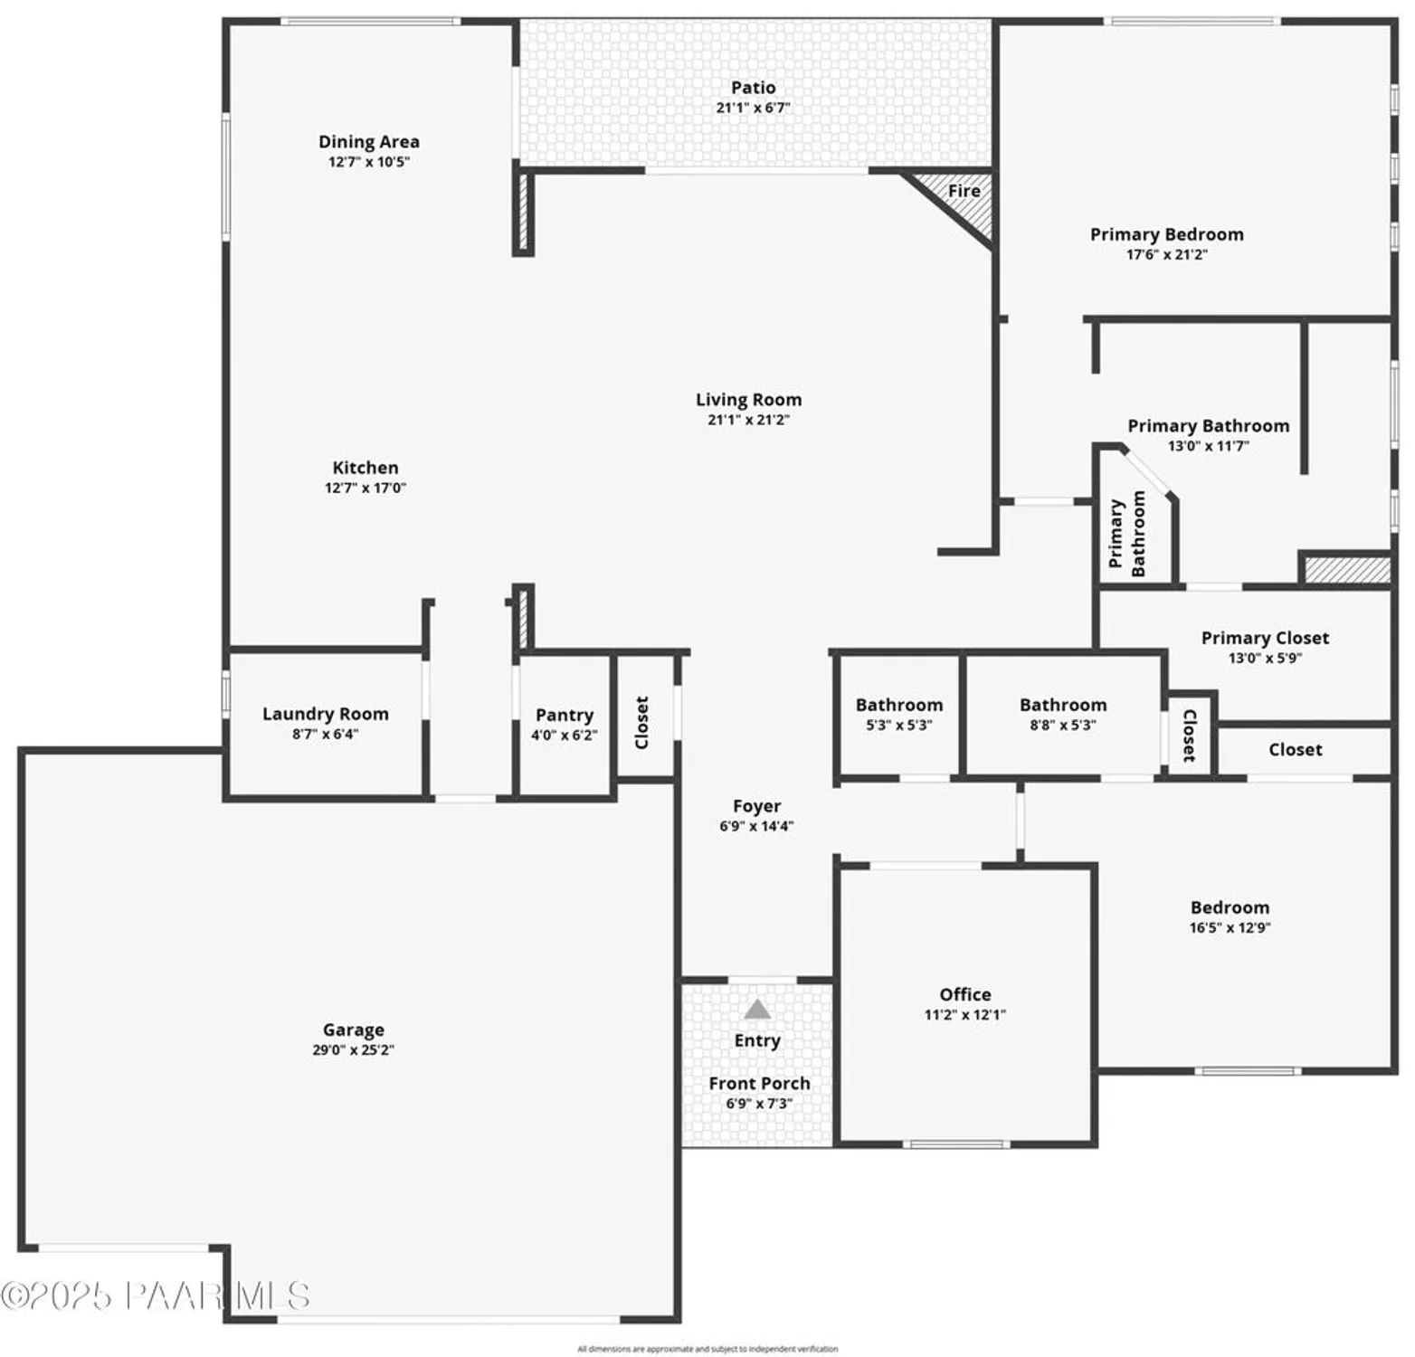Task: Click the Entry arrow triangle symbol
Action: pyautogui.click(x=757, y=1009)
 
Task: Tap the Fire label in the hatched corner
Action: pyautogui.click(x=964, y=191)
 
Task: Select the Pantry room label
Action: pyautogui.click(x=564, y=715)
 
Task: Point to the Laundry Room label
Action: pyautogui.click(x=325, y=714)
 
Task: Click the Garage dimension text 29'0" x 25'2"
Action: pyautogui.click(x=353, y=1050)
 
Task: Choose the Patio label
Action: pyautogui.click(x=753, y=88)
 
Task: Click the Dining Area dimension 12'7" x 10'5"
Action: pyautogui.click(x=368, y=162)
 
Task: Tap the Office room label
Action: pyautogui.click(x=964, y=994)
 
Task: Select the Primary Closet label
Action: pyautogui.click(x=1265, y=638)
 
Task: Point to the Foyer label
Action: pyautogui.click(x=756, y=806)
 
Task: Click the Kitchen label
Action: pyautogui.click(x=365, y=468)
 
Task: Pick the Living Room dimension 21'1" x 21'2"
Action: pyautogui.click(x=748, y=420)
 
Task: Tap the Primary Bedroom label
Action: pyautogui.click(x=1166, y=234)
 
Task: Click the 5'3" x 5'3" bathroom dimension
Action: pyautogui.click(x=898, y=726)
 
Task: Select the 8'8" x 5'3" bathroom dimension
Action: pyautogui.click(x=1062, y=726)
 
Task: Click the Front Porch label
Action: pyautogui.click(x=759, y=1083)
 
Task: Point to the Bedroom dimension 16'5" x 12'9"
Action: pyautogui.click(x=1230, y=927)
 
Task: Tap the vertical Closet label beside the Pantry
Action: pyautogui.click(x=642, y=722)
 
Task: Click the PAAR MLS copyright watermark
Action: pyautogui.click(x=156, y=1296)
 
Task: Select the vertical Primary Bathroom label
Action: pyautogui.click(x=1127, y=534)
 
